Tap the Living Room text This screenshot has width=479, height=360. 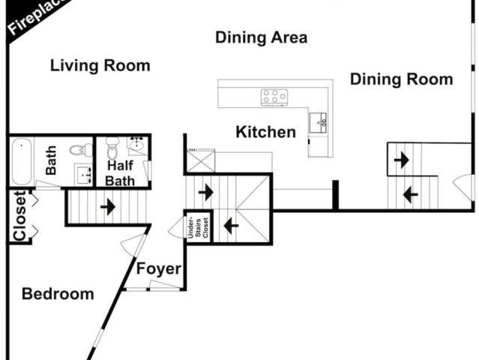100,66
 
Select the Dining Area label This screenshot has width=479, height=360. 261,37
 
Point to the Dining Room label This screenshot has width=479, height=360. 401,79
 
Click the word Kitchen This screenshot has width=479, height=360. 266,132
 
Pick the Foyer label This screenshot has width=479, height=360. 159,269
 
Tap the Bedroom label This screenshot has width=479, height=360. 58,294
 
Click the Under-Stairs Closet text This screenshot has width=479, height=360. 198,228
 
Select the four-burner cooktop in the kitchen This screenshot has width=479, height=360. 274,97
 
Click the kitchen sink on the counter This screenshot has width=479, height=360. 318,123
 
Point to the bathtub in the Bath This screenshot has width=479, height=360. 22,161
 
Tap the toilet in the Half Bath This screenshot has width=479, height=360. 112,148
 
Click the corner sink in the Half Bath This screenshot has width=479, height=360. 138,145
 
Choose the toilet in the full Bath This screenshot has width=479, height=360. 81,150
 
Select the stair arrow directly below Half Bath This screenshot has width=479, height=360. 107,207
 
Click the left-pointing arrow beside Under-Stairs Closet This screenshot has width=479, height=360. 231,226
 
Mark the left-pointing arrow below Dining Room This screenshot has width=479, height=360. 411,194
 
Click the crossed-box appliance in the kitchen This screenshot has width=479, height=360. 201,160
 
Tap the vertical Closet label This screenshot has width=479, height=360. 19,216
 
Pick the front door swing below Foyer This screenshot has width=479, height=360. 164,285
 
